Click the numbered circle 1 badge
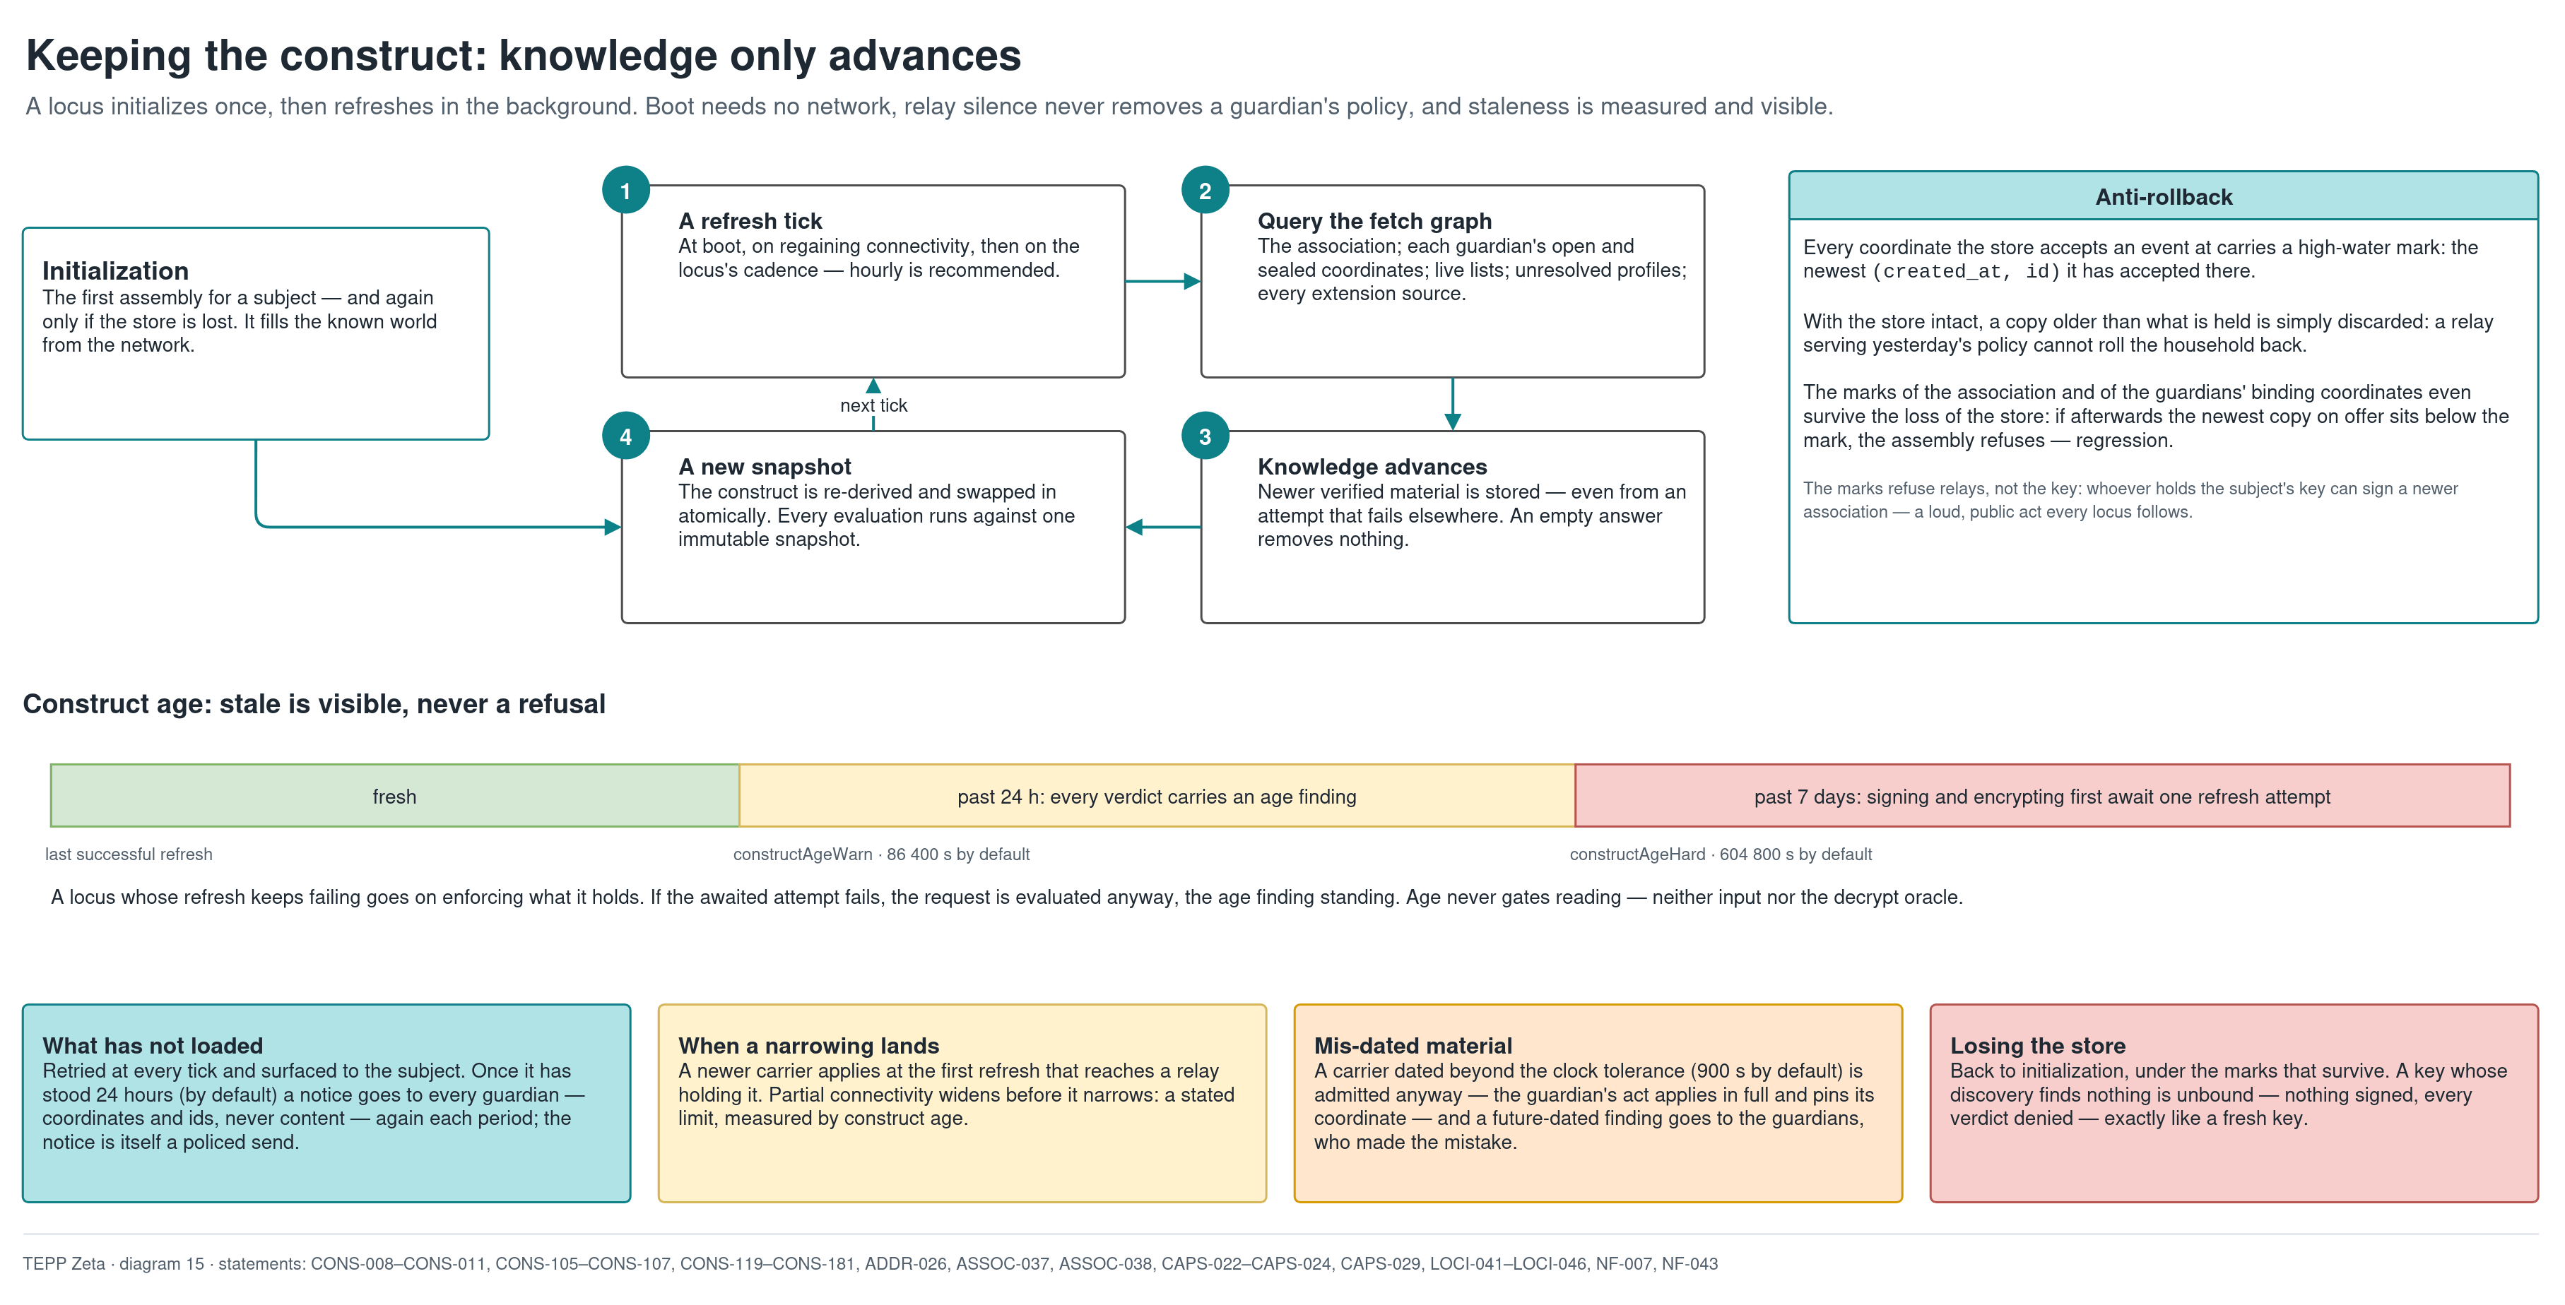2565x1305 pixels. tap(625, 190)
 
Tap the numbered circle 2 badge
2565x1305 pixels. tap(1205, 190)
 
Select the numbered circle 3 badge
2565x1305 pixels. tap(1205, 436)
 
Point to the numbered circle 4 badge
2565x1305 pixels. tap(625, 436)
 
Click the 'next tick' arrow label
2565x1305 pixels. tap(873, 405)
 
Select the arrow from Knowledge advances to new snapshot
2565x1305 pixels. tap(1163, 528)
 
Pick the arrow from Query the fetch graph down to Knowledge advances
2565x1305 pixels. tap(1453, 404)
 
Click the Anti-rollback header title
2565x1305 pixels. tap(2164, 197)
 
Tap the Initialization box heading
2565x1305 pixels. tap(115, 270)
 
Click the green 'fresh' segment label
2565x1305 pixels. tap(394, 797)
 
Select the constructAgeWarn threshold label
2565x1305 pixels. tap(881, 854)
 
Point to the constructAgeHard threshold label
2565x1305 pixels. tap(1721, 854)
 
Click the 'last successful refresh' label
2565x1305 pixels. tap(129, 854)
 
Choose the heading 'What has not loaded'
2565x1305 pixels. tap(153, 1045)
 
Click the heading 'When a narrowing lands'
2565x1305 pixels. tap(808, 1045)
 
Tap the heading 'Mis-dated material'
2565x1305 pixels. tap(1413, 1045)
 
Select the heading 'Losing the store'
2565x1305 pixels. tap(2037, 1045)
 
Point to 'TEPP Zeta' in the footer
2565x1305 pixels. tap(64, 1263)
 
